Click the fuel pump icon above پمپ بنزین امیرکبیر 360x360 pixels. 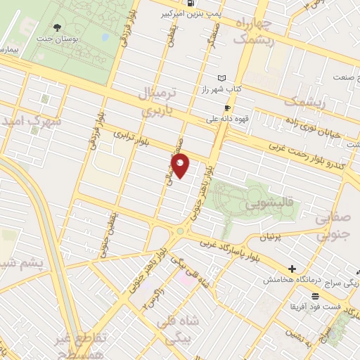[x=192, y=4]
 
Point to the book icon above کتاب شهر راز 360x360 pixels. [x=222, y=78]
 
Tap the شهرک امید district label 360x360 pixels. [x=31, y=120]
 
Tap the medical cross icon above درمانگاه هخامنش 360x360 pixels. [x=292, y=268]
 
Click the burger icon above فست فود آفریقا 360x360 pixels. [x=316, y=295]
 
